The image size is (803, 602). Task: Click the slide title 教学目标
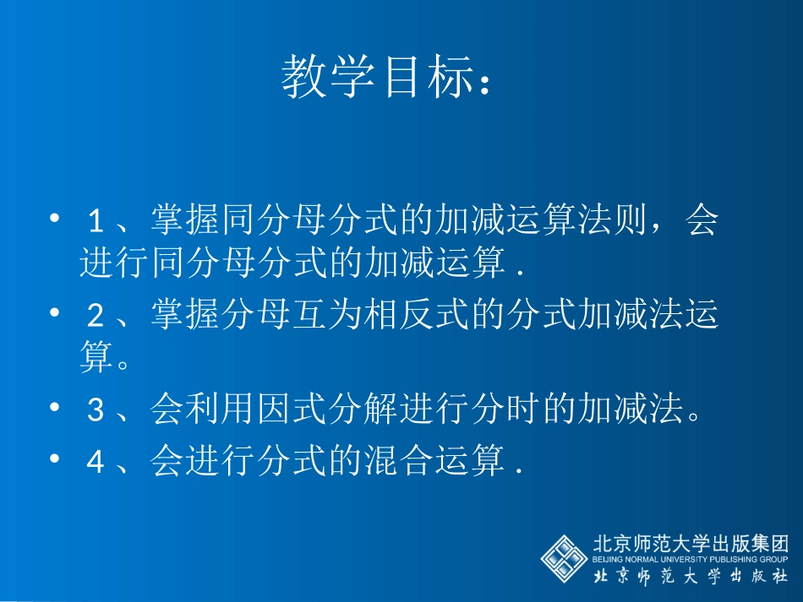coord(376,78)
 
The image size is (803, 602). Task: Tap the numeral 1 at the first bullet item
coord(97,222)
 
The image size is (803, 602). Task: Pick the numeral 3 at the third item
coord(97,411)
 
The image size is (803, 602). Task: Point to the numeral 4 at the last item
coord(97,463)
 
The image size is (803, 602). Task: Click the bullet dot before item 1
coord(55,219)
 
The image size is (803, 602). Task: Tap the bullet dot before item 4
coord(55,458)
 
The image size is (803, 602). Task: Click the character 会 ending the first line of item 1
coord(701,221)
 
